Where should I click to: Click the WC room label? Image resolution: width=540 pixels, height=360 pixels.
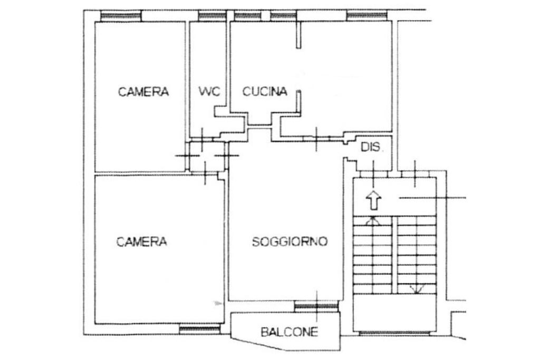pyautogui.click(x=209, y=91)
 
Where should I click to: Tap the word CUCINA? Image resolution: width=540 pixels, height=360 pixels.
pyautogui.click(x=265, y=92)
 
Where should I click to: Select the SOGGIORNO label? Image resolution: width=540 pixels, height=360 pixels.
pyautogui.click(x=290, y=242)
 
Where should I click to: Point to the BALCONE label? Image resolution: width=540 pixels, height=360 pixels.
pyautogui.click(x=290, y=332)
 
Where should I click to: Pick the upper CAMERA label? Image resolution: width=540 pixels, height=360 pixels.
pyautogui.click(x=143, y=92)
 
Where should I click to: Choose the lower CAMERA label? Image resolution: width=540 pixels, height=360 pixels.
pyautogui.click(x=142, y=242)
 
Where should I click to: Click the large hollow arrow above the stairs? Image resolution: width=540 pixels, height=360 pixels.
pyautogui.click(x=374, y=200)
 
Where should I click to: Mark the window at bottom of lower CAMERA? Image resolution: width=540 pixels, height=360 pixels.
pyautogui.click(x=199, y=329)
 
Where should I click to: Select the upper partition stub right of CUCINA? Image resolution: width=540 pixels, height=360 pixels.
pyautogui.click(x=298, y=35)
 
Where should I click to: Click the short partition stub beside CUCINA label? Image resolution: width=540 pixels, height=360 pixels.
pyautogui.click(x=298, y=101)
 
